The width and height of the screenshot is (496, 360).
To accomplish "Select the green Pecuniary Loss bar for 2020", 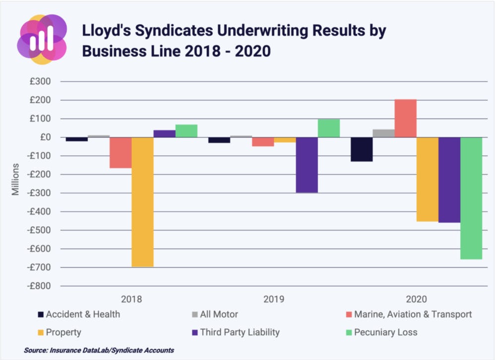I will [x=471, y=198].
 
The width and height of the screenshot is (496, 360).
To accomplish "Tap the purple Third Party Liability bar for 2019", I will [x=307, y=165].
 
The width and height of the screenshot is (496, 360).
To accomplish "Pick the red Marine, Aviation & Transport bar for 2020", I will [x=405, y=118].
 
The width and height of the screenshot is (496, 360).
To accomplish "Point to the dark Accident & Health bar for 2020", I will [x=362, y=149].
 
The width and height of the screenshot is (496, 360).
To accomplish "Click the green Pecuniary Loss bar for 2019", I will [x=329, y=128].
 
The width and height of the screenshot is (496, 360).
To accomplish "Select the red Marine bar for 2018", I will [x=121, y=153].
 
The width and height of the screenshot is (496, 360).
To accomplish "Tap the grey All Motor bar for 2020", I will [x=383, y=133].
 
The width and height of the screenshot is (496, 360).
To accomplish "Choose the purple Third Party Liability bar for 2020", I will [x=449, y=180].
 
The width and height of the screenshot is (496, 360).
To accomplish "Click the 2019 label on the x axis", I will [x=274, y=300].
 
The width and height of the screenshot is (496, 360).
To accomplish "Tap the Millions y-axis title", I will [x=16, y=179].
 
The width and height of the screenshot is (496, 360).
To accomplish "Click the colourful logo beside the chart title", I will [x=42, y=39].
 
